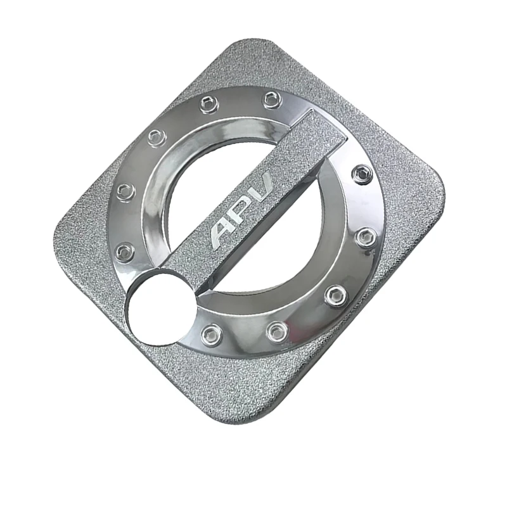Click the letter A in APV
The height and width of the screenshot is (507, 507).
pos(222,234)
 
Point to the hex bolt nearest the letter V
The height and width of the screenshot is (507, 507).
pos(362,172)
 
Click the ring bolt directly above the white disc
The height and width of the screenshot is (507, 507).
pos(125,250)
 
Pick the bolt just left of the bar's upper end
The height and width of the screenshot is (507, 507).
pos(273,99)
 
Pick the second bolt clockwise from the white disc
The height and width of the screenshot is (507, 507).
pos(125,189)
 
